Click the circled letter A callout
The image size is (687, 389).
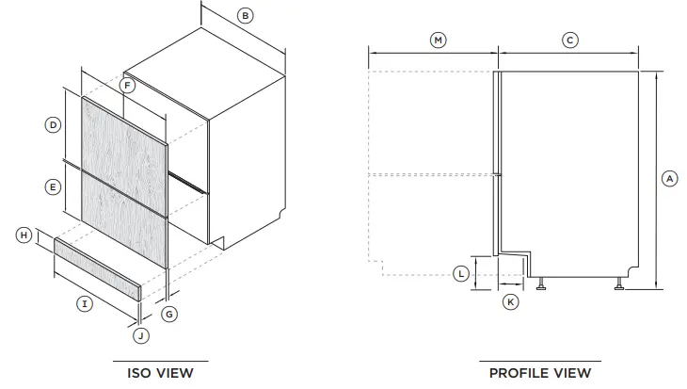click(x=669, y=177)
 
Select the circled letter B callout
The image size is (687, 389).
click(x=245, y=15)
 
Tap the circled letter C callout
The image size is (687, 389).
click(x=569, y=40)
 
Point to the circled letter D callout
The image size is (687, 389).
click(x=54, y=124)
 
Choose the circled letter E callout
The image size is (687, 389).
click(x=54, y=187)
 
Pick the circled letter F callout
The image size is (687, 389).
click(x=128, y=86)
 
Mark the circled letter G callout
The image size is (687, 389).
click(x=169, y=314)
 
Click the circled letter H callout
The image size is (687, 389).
click(x=24, y=235)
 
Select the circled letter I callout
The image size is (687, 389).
click(x=85, y=303)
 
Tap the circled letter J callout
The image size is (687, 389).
click(x=139, y=334)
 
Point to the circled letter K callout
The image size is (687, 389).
click(x=510, y=301)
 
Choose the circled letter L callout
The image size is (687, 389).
click(x=460, y=274)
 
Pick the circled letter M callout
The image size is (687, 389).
click(x=438, y=40)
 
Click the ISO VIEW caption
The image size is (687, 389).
click(x=160, y=373)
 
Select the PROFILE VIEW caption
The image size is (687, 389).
click(x=540, y=373)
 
